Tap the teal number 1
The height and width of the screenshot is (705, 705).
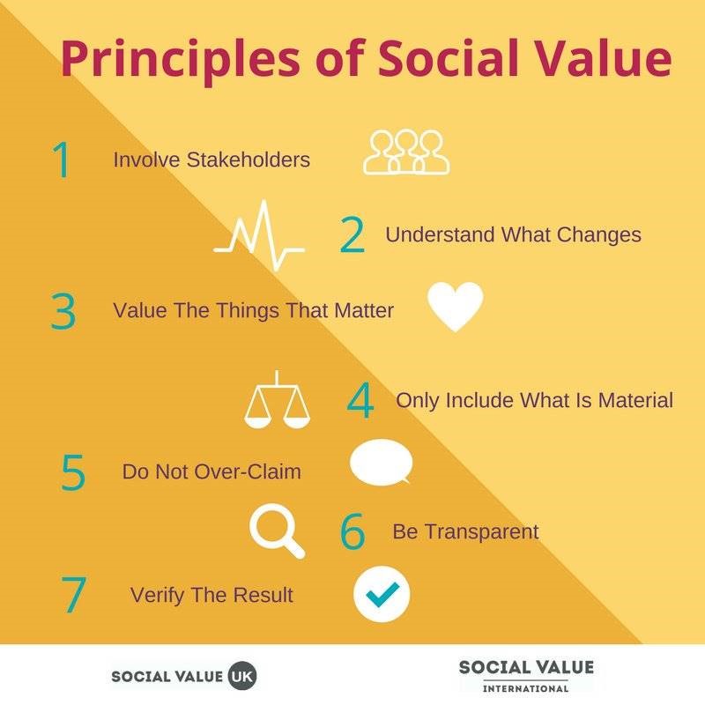tap(62, 160)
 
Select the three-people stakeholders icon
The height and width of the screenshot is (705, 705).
tap(406, 152)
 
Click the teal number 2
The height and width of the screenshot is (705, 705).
tap(352, 234)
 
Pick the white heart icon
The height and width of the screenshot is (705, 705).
tap(456, 307)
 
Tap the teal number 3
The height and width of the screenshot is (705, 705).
tap(63, 311)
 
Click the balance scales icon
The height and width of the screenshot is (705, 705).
tap(277, 399)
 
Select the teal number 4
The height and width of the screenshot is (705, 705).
tap(360, 400)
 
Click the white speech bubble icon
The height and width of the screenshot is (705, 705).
tap(381, 463)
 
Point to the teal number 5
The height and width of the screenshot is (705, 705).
tap(73, 471)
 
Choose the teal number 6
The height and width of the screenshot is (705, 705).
tap(352, 531)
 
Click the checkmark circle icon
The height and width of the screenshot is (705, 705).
tap(382, 594)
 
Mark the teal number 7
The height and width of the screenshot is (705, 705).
tap(73, 594)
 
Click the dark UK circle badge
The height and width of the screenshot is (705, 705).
tap(242, 676)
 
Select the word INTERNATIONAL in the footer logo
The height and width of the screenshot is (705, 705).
tap(525, 688)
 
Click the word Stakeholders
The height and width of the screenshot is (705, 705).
tap(249, 160)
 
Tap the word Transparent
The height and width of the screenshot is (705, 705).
tap(481, 532)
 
